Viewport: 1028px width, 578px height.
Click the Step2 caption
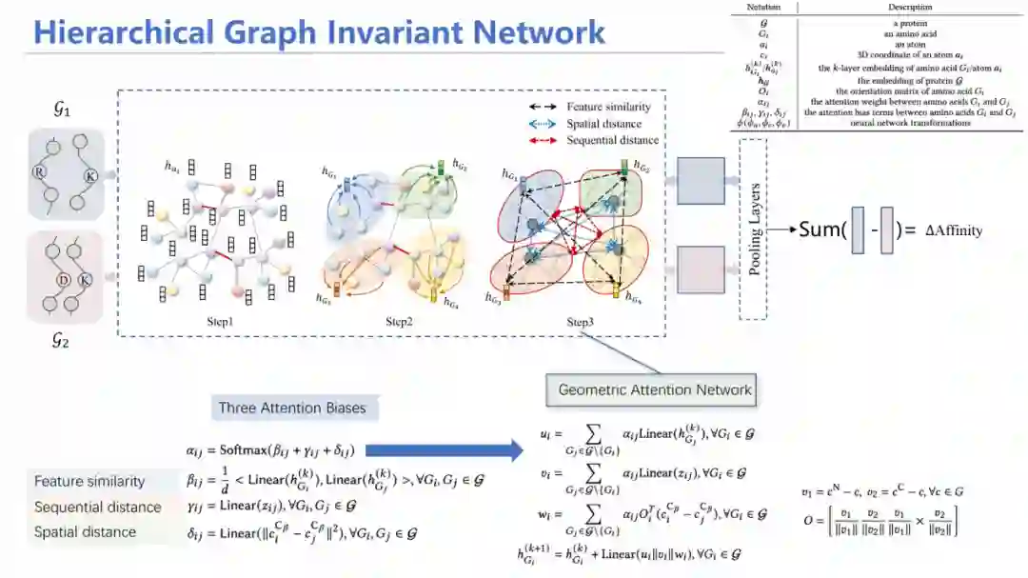click(399, 322)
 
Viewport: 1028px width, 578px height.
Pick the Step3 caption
click(580, 322)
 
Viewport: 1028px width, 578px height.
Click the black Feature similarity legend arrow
click(543, 107)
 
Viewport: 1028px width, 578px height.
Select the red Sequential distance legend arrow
click(543, 141)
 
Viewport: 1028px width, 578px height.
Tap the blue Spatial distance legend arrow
click(543, 124)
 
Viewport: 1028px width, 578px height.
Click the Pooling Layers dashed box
click(753, 229)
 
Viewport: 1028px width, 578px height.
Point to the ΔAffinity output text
click(954, 230)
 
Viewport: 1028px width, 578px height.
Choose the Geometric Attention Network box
click(654, 389)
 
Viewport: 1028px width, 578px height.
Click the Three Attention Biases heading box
click(292, 409)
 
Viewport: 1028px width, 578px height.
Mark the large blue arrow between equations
click(439, 450)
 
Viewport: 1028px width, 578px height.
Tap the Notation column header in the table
click(762, 8)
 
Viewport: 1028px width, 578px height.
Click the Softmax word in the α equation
click(247, 450)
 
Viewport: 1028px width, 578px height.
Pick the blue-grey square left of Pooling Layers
click(701, 181)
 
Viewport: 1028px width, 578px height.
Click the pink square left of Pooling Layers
click(701, 269)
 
